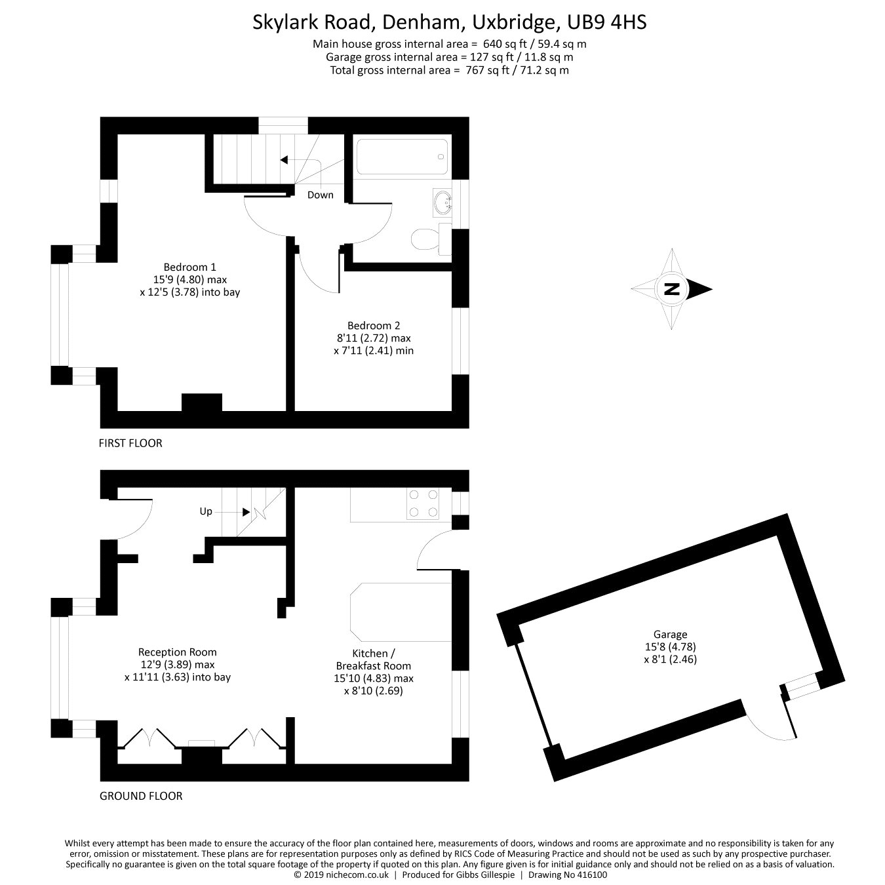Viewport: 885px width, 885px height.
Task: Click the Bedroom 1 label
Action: click(189, 267)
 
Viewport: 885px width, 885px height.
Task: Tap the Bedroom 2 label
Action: click(373, 325)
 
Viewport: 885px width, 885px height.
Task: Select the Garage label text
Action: click(670, 634)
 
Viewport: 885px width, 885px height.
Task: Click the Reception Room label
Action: click(177, 652)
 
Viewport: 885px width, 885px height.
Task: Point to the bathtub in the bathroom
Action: click(402, 156)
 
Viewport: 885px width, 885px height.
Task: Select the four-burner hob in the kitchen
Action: click(422, 504)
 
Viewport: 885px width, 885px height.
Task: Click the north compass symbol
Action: click(672, 289)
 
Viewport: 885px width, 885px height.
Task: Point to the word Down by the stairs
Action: click(321, 195)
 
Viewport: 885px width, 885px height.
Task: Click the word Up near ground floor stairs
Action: click(206, 511)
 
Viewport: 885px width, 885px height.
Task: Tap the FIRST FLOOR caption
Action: click(130, 443)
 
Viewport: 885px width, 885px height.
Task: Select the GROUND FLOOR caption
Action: click(140, 796)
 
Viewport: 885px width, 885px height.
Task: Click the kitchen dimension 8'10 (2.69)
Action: click(373, 690)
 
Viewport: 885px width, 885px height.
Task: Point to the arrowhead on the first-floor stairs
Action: click(284, 159)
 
